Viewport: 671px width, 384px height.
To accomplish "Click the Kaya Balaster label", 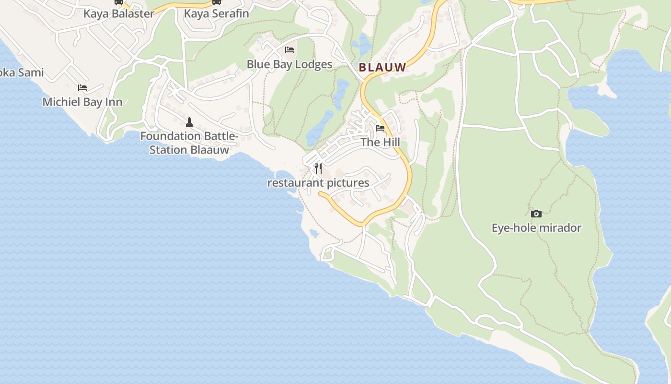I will [x=119, y=13].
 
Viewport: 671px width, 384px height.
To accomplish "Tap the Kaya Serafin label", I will [x=217, y=13].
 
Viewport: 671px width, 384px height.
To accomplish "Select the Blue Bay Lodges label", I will [x=289, y=64].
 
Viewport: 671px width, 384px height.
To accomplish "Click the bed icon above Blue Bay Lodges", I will [x=289, y=50].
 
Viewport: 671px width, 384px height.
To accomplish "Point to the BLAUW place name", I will [x=382, y=68].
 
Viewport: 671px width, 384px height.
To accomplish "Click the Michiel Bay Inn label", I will [x=82, y=102].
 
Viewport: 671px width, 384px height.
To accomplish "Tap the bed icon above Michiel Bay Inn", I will [x=82, y=88].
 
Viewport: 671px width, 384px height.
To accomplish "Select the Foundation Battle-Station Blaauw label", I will [x=189, y=143].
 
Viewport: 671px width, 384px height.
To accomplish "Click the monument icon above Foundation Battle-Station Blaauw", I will [x=189, y=122].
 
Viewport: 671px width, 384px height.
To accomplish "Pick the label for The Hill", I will [x=380, y=143].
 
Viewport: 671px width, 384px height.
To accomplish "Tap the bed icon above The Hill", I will [x=380, y=128].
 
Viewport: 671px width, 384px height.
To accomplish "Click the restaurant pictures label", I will [x=318, y=183].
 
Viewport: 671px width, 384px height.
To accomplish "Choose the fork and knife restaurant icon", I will [x=318, y=168].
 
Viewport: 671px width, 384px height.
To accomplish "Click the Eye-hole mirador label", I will [x=536, y=228].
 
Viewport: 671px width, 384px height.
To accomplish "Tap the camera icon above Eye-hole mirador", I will [x=536, y=214].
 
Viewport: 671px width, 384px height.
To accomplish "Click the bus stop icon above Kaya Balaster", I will [x=118, y=2].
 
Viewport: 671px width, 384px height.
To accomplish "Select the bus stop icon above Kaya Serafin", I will [x=217, y=2].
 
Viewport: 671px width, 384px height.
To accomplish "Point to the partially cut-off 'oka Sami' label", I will [x=22, y=73].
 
